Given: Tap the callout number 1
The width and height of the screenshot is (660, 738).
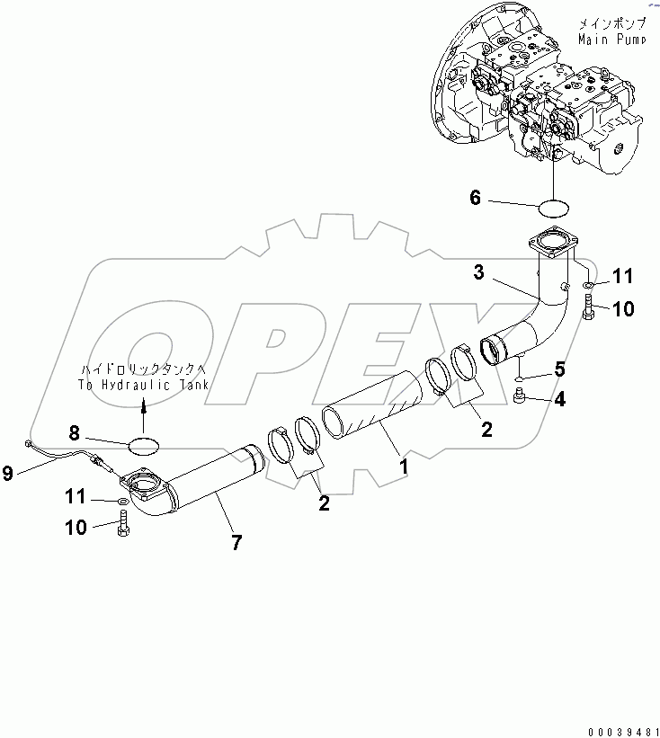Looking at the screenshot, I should (x=404, y=467).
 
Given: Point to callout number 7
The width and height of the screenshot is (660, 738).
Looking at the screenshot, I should (x=236, y=543).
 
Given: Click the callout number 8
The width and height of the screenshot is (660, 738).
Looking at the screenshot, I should (x=101, y=433).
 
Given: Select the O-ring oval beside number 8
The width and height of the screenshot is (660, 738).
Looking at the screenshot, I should (x=144, y=442).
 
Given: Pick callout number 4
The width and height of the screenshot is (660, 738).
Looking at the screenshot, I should (x=559, y=400).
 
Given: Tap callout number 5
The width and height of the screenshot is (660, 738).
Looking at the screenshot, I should (x=558, y=368).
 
